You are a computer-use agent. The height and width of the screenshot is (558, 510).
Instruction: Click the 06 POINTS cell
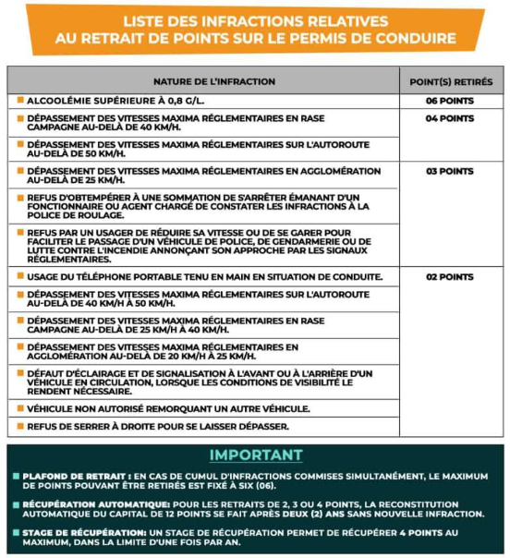pos(449,100)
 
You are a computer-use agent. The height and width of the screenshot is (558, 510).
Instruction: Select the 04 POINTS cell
pos(449,118)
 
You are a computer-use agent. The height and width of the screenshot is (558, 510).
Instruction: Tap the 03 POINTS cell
pos(449,171)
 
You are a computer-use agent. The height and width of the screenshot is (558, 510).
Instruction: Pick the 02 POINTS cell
pos(449,276)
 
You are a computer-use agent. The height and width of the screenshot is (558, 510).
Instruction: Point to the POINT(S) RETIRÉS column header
pos(450,81)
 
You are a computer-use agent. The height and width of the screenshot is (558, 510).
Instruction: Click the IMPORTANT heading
pos(255,455)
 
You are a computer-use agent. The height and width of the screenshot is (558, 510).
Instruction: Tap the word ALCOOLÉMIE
pos(60,100)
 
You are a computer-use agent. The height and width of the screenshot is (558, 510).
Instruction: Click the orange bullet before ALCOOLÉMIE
pos(19,100)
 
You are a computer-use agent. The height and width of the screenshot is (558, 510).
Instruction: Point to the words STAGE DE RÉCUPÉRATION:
pos(79,533)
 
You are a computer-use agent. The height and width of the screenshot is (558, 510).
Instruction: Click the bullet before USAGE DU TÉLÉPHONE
pos(19,276)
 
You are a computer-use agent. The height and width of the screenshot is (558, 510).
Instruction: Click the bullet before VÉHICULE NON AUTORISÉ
pos(19,407)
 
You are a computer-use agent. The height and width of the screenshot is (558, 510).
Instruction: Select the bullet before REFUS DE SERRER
pos(19,426)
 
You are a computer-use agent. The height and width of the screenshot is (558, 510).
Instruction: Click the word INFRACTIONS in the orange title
pos(233,20)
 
